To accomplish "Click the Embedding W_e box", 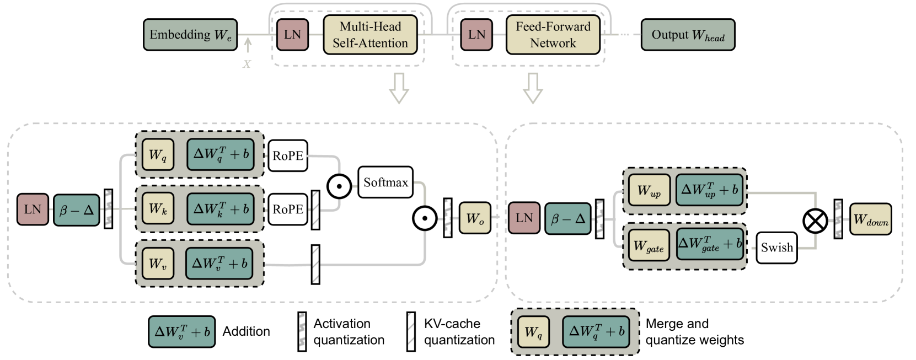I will point(190,35).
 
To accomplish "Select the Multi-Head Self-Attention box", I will point(370,35).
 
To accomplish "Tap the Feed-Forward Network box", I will point(553,35).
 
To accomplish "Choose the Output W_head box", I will point(688,35).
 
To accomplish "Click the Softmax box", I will point(385,182).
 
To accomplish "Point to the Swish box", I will point(776,248).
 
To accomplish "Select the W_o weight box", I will point(475,218).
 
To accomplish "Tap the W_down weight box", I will point(871,219).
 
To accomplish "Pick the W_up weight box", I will point(649,191).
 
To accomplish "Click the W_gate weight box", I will point(649,245).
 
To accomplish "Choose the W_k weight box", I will point(158,209).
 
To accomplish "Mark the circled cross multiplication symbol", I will point(815,222).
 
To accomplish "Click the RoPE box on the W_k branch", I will point(288,209).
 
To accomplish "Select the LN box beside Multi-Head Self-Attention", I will point(292,35).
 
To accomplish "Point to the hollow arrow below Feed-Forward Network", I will point(533,88).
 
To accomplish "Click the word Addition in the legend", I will point(246,331).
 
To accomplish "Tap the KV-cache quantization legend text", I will point(459,332).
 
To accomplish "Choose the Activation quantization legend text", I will point(349,332).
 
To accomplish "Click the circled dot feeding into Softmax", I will point(339,186).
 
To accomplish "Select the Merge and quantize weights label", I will point(694,332).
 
